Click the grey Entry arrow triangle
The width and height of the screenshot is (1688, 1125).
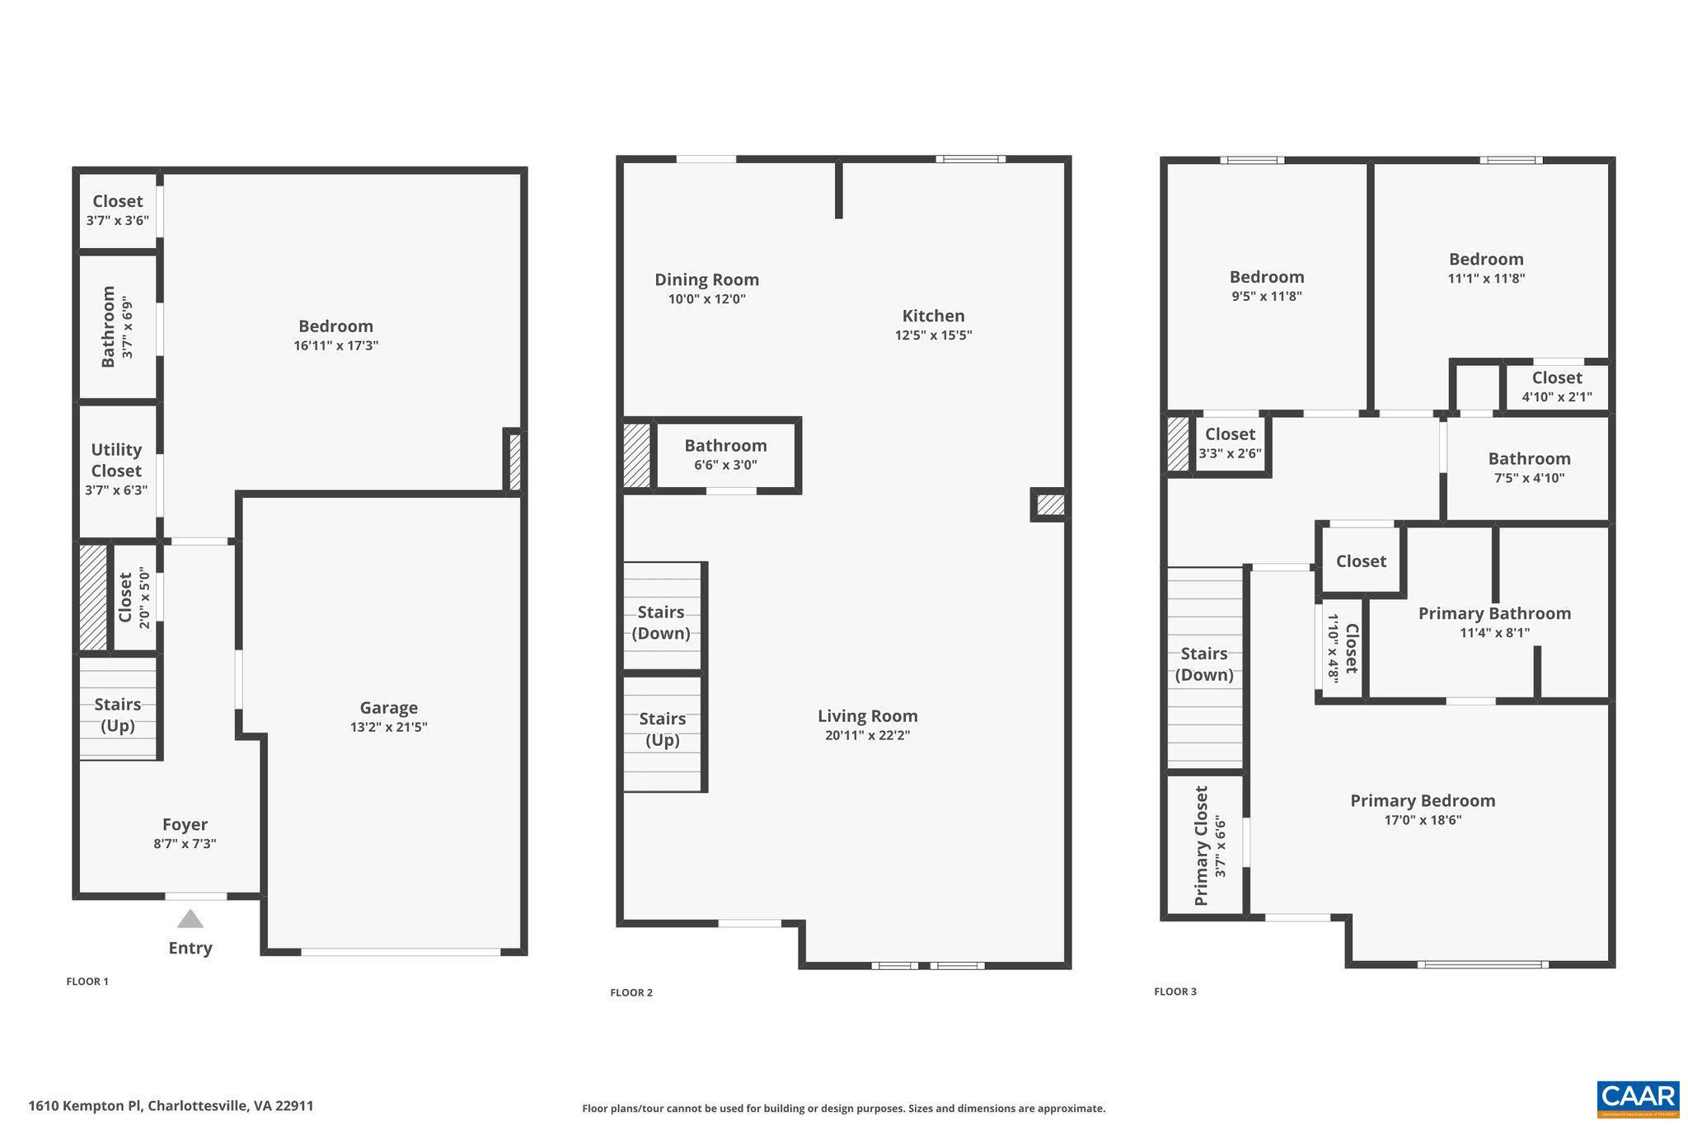190,919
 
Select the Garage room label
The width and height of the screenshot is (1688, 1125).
388,707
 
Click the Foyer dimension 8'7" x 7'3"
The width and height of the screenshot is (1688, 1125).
185,844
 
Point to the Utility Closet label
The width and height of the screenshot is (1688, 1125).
116,460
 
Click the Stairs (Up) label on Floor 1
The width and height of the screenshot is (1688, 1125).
117,715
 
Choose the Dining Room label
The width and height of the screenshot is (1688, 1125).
706,279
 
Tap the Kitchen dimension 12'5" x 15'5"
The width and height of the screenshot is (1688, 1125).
933,335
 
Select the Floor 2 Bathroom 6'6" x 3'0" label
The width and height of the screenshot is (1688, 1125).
725,454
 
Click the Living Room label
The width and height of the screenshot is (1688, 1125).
867,716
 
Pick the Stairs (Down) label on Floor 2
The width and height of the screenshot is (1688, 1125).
661,622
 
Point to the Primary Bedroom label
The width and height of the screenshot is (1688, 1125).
1422,800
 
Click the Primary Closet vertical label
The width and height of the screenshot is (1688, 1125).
1202,846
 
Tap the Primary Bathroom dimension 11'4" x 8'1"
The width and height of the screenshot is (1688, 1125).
1494,633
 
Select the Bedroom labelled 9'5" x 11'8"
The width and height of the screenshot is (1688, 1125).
1266,277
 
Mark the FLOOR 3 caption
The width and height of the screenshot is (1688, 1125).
1175,991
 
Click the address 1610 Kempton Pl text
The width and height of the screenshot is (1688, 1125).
171,1106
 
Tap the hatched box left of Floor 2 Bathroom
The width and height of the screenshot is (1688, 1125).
636,455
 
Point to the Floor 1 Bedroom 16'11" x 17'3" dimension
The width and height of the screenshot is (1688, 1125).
335,345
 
